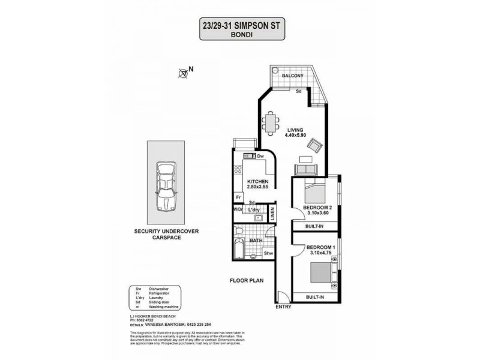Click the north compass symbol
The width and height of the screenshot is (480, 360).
pyautogui.click(x=184, y=73)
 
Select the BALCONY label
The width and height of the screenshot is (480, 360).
pyautogui.click(x=295, y=76)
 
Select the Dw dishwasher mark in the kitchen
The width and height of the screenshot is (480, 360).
pyautogui.click(x=260, y=155)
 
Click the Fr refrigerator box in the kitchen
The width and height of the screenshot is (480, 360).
pyautogui.click(x=238, y=197)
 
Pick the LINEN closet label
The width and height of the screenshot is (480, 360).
pyautogui.click(x=272, y=214)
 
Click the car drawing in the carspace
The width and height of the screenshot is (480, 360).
pyautogui.click(x=165, y=187)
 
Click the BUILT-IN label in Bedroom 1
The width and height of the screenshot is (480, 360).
pyautogui.click(x=316, y=298)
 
